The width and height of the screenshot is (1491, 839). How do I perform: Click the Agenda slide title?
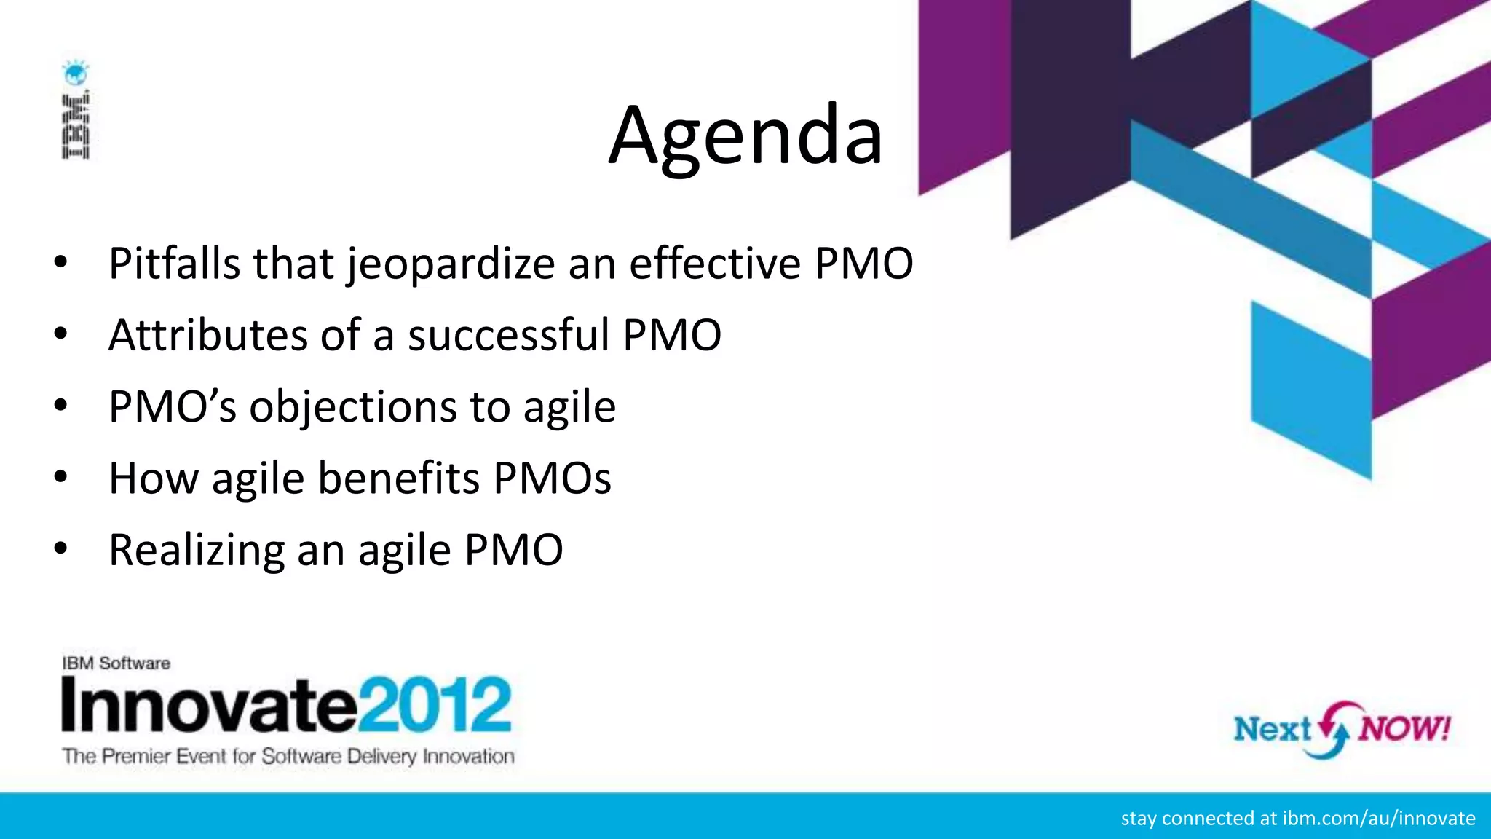pyautogui.click(x=745, y=136)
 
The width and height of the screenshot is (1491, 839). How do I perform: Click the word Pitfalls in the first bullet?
pyautogui.click(x=174, y=263)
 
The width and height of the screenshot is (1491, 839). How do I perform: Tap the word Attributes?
pyautogui.click(x=207, y=335)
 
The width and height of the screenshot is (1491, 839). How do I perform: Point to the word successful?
pyautogui.click(x=508, y=335)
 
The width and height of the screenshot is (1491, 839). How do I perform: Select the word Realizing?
pyautogui.click(x=197, y=551)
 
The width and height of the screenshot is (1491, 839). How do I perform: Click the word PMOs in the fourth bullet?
pyautogui.click(x=553, y=478)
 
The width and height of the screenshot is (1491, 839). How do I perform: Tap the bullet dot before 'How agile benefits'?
pyautogui.click(x=60, y=477)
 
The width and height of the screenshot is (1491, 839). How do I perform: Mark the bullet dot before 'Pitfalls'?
pyautogui.click(x=60, y=262)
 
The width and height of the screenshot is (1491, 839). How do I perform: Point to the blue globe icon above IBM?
pyautogui.click(x=75, y=74)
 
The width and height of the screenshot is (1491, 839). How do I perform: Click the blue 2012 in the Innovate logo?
pyautogui.click(x=435, y=704)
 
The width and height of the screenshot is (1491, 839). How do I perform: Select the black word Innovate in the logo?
pyautogui.click(x=210, y=704)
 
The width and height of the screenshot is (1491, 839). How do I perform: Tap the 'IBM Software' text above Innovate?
pyautogui.click(x=116, y=663)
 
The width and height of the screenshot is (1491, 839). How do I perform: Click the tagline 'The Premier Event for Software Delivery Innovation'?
pyautogui.click(x=288, y=757)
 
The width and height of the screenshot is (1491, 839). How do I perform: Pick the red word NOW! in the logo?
pyautogui.click(x=1404, y=728)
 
